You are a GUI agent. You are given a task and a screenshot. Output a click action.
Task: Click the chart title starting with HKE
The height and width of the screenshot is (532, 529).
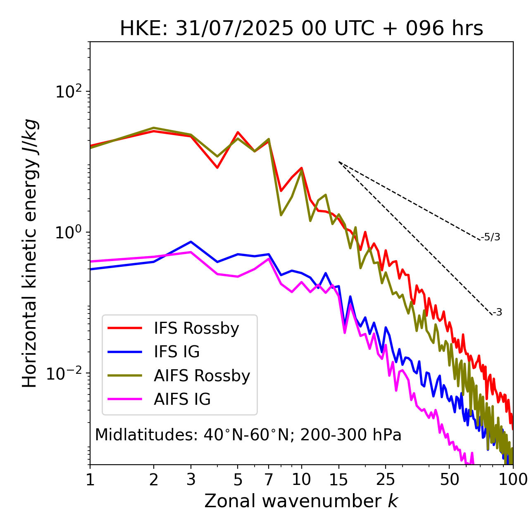(301, 29)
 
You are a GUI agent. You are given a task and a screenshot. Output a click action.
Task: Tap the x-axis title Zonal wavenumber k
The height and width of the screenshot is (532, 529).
(301, 501)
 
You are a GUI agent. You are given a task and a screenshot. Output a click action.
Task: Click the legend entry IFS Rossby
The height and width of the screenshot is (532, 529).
(196, 328)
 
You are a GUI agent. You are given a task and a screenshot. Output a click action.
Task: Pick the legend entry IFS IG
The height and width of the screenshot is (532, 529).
(176, 352)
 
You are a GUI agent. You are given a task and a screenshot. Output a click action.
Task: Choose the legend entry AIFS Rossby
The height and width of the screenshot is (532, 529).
(202, 376)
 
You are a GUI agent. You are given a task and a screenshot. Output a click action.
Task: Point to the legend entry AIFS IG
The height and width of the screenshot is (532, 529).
(182, 399)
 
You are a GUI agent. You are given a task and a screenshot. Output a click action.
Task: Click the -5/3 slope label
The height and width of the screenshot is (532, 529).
(491, 237)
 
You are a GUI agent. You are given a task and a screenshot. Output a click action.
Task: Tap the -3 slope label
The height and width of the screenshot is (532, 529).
(497, 312)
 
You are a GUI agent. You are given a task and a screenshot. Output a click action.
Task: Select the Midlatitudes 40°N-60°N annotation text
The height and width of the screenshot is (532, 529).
(248, 435)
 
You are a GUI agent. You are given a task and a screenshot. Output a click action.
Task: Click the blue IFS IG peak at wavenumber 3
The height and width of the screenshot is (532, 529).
(191, 242)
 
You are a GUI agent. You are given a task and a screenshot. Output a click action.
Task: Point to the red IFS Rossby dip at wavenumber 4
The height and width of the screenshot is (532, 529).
(217, 167)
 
